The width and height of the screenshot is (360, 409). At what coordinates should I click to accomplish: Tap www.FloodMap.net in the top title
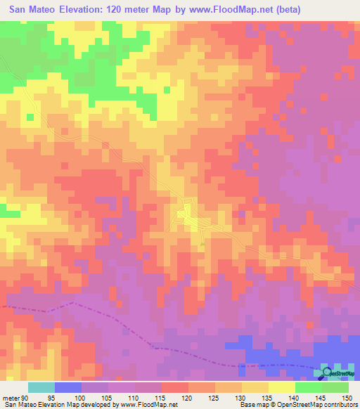click(x=236, y=10)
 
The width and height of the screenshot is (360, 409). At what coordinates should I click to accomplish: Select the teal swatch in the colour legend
click(x=41, y=388)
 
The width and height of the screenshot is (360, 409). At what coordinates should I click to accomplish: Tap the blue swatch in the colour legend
click(x=68, y=388)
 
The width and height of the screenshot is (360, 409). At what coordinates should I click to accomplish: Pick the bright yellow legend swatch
click(x=282, y=388)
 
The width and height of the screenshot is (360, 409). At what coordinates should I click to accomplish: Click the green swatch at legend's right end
click(x=335, y=388)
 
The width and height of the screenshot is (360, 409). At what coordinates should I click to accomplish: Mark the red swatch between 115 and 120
click(x=175, y=388)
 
